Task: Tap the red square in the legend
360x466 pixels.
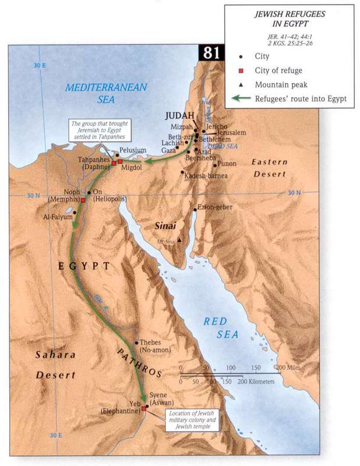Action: [x=241, y=72]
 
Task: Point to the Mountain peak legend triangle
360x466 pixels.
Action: [x=241, y=85]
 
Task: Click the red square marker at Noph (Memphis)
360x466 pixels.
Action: [x=83, y=200]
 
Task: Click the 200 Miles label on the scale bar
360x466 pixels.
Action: [x=288, y=368]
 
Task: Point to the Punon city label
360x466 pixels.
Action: [x=228, y=165]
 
